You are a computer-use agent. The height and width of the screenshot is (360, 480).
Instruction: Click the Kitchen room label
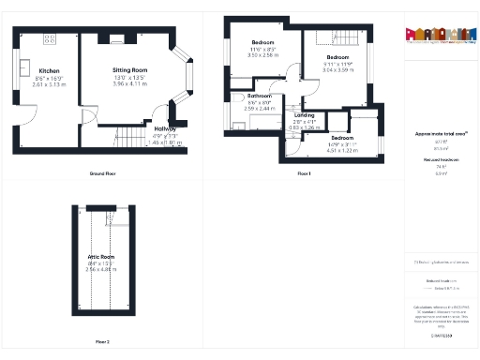tap(49, 70)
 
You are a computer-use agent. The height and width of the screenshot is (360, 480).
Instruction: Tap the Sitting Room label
tap(130, 70)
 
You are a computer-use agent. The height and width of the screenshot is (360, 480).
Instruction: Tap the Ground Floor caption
tap(102, 174)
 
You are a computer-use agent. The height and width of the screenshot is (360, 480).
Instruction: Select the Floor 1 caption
tap(303, 174)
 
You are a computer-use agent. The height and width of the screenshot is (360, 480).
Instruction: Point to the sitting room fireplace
tap(116, 39)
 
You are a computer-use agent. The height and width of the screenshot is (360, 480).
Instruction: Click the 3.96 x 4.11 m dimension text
tap(130, 83)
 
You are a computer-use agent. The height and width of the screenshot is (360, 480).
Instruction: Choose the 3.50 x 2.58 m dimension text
tap(263, 55)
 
